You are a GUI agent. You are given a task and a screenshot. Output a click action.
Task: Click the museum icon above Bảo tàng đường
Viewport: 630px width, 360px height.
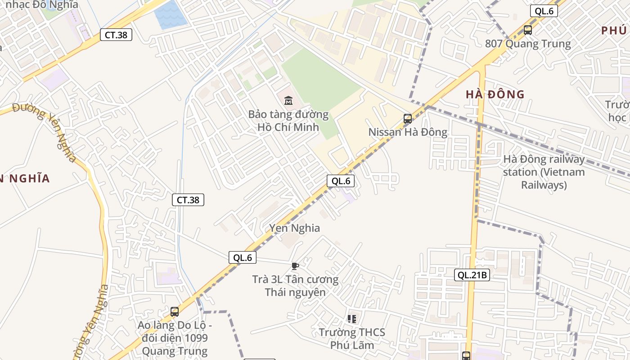click(x=288, y=100)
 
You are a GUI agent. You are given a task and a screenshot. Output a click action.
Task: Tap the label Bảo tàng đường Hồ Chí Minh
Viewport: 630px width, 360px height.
click(x=288, y=121)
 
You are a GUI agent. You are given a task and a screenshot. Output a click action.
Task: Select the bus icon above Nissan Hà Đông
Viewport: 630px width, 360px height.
click(x=408, y=119)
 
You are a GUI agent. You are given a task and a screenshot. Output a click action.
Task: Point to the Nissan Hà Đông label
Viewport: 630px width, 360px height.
click(x=408, y=132)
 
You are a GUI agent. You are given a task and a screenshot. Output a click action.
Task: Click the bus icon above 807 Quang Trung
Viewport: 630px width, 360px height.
click(x=528, y=30)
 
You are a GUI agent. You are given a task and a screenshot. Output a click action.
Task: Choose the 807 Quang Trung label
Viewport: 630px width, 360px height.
click(x=528, y=44)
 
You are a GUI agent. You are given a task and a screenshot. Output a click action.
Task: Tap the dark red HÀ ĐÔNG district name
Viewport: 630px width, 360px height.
click(x=495, y=94)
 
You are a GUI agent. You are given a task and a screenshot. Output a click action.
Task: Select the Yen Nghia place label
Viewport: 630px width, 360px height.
click(x=295, y=228)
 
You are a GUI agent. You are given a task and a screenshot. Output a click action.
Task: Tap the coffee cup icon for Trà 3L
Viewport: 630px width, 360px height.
click(x=295, y=266)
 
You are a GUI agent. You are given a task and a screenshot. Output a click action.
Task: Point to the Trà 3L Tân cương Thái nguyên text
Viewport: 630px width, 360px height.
click(x=295, y=285)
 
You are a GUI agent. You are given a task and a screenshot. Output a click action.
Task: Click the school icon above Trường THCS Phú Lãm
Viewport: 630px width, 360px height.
click(x=352, y=319)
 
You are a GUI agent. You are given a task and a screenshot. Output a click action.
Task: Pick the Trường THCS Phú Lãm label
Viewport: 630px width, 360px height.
click(x=352, y=338)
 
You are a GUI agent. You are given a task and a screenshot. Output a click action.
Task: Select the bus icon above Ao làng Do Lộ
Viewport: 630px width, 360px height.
click(x=175, y=311)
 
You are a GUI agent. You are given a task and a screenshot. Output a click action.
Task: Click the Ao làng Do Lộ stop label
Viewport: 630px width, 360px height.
click(x=175, y=338)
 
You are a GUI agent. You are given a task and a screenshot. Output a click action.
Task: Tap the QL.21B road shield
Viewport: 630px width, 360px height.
click(x=472, y=274)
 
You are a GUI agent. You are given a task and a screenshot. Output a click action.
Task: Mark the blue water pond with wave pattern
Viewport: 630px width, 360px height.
click(x=170, y=14)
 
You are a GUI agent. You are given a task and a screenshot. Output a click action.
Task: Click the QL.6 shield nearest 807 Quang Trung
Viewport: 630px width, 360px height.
click(x=544, y=11)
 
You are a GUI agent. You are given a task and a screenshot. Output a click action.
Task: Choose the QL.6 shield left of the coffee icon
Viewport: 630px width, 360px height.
click(x=243, y=257)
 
